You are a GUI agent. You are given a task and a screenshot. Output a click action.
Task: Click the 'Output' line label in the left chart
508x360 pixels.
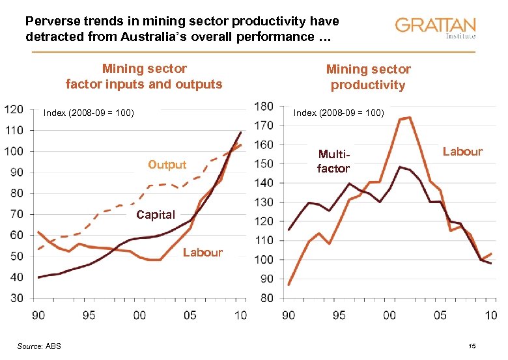pos(167,165)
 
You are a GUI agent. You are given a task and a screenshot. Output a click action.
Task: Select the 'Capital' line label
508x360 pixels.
pos(156,215)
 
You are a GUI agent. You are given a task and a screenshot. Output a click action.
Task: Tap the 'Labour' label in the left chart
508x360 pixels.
pos(203,253)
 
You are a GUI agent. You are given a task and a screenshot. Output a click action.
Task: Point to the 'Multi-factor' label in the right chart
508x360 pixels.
pos(333,161)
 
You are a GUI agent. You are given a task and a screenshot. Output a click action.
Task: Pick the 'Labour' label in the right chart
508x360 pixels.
pos(462,152)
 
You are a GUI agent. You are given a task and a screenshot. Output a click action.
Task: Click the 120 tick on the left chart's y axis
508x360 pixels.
pos(14,109)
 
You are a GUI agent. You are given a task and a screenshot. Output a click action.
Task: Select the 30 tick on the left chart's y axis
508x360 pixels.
pos(16,298)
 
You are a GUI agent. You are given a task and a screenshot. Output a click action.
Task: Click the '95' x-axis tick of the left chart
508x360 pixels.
pos(89,316)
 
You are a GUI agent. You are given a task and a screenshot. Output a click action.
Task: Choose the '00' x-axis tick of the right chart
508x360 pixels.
pos(389,316)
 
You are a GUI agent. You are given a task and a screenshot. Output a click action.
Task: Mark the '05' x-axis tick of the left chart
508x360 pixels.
pos(190,316)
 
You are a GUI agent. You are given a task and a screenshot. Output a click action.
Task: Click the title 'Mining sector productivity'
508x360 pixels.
pos(368,77)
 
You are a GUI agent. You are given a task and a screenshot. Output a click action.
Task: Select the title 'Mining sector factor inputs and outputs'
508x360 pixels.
pos(144,76)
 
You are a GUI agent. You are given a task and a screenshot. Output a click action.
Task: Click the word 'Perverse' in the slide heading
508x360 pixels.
pos(51,21)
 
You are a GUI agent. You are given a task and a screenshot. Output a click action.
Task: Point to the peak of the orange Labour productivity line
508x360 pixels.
pos(408,118)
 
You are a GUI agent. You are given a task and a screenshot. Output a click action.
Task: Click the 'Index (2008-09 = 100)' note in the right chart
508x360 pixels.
pos(339,113)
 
